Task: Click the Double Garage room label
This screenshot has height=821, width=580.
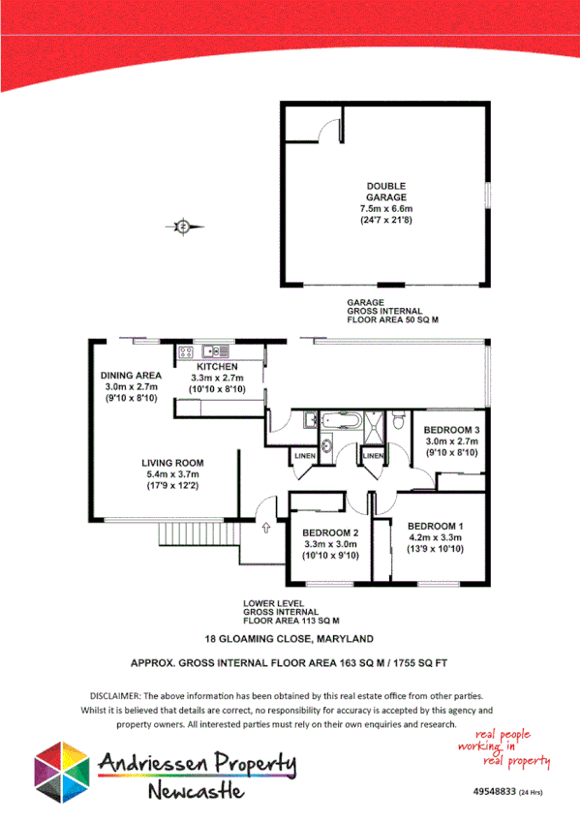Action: [385, 192]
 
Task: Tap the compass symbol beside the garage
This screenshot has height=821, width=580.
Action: [183, 227]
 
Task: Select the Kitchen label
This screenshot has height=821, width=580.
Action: [217, 368]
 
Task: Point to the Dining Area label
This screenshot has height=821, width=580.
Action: [131, 376]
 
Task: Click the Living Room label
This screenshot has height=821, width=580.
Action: [172, 463]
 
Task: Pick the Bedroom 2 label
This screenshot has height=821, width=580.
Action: [331, 533]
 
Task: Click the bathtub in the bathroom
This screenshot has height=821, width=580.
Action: [340, 421]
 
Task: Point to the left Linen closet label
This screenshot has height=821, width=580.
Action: [304, 456]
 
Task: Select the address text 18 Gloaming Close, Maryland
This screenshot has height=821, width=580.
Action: [290, 639]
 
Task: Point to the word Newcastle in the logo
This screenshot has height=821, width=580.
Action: [197, 792]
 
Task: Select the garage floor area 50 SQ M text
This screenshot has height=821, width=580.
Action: [393, 319]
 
